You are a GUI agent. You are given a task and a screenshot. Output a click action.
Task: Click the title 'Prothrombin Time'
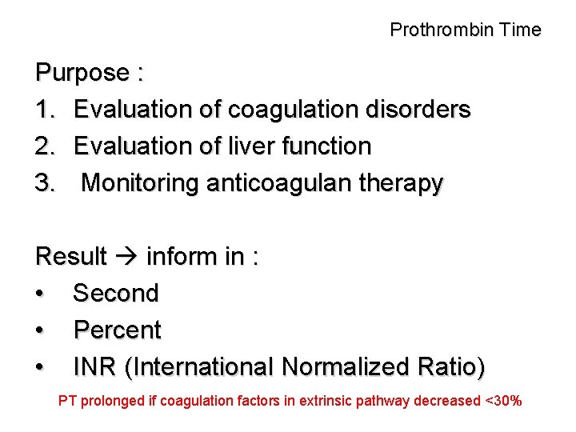click(x=466, y=30)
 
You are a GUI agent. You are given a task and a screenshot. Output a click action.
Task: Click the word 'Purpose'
click(x=82, y=74)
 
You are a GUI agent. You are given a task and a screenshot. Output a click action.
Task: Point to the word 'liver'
click(x=250, y=146)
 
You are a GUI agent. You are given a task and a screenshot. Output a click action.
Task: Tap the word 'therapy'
click(x=403, y=183)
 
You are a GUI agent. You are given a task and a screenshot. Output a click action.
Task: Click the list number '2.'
click(x=46, y=146)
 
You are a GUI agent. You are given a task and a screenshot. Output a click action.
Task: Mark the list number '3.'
click(x=46, y=183)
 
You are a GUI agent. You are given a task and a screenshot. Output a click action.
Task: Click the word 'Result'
click(x=71, y=257)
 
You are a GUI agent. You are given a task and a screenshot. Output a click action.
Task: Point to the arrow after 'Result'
click(x=126, y=257)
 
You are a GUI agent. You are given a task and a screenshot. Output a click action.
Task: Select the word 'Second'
click(x=116, y=294)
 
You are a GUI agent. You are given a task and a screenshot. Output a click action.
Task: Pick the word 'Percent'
click(x=118, y=330)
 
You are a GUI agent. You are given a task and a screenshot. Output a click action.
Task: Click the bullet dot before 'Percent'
click(x=40, y=330)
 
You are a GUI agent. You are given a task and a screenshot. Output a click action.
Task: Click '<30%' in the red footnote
click(x=503, y=401)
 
